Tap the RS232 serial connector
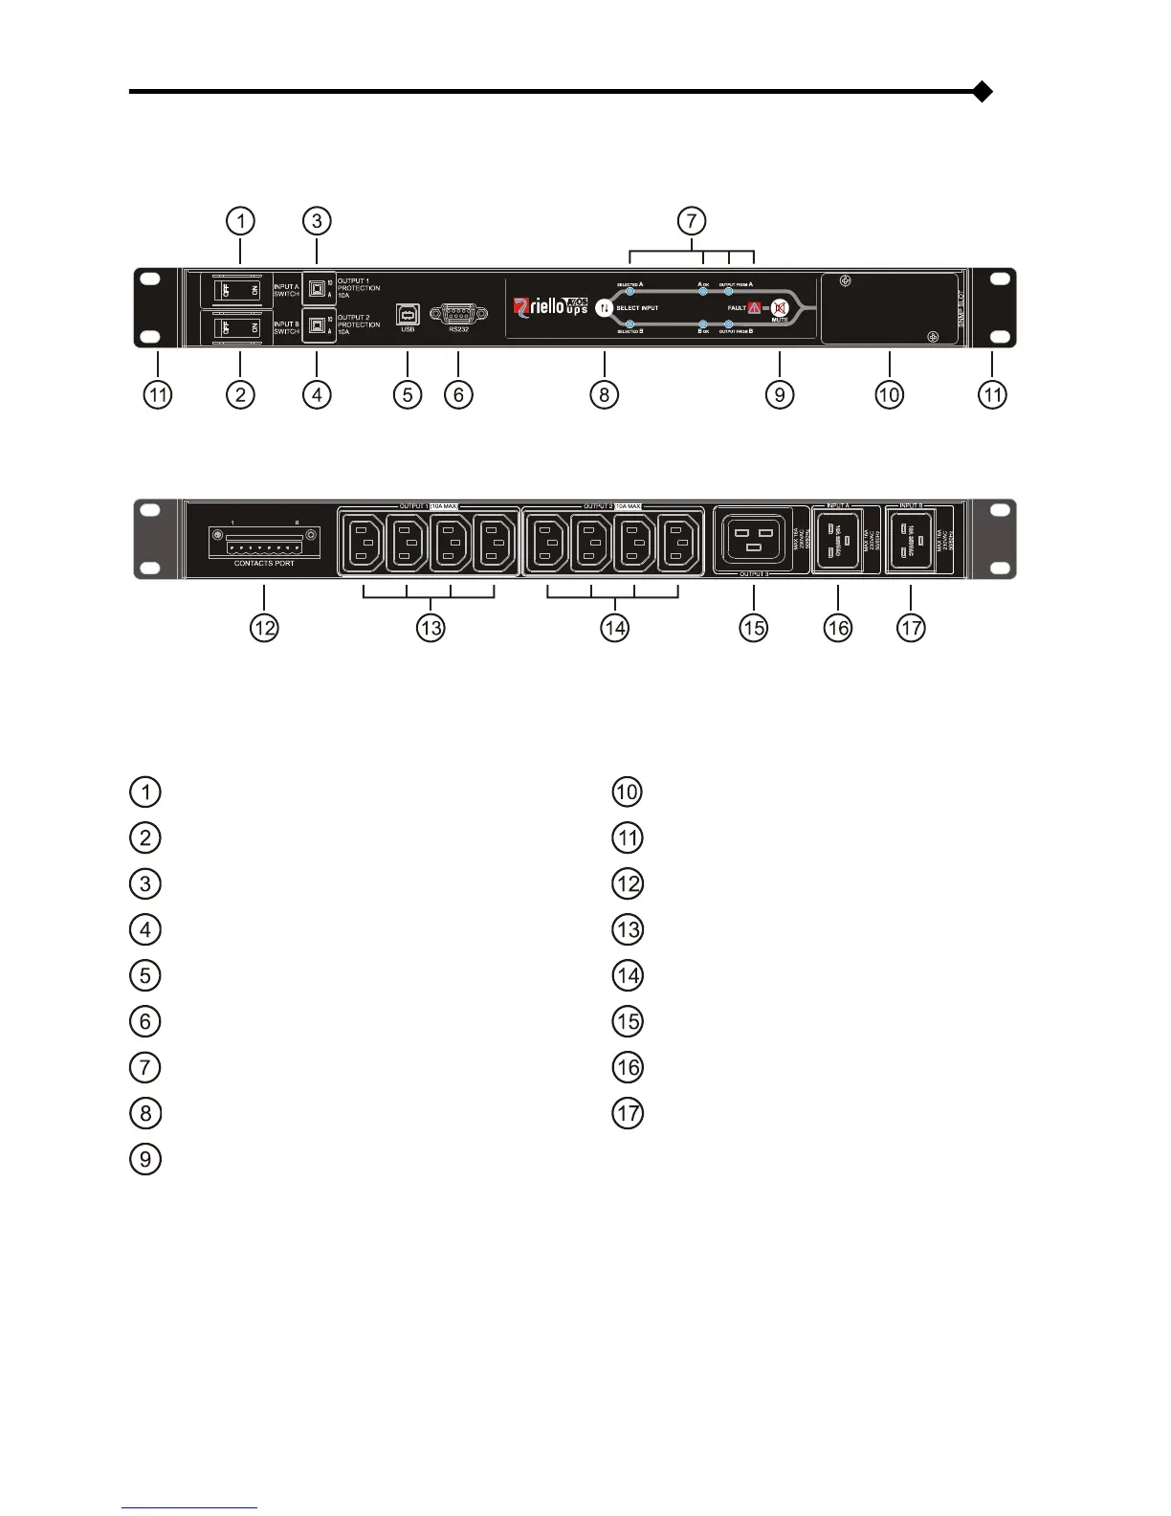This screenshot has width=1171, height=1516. pyautogui.click(x=458, y=313)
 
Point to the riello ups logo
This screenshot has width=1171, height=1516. pyautogui.click(x=549, y=306)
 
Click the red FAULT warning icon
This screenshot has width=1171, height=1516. pyautogui.click(x=755, y=308)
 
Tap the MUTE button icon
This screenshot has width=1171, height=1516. pyautogui.click(x=779, y=308)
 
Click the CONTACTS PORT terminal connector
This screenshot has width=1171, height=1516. pyautogui.click(x=264, y=543)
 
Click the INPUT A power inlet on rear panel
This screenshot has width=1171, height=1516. pyautogui.click(x=837, y=539)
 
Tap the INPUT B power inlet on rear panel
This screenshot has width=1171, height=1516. pyautogui.click(x=912, y=539)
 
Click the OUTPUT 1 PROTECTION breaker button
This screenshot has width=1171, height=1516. pyautogui.click(x=316, y=288)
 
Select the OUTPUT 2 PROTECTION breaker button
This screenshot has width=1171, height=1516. pyautogui.click(x=316, y=324)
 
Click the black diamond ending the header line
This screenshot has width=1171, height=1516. pyautogui.click(x=982, y=93)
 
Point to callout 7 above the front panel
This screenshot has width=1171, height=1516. pyautogui.click(x=692, y=221)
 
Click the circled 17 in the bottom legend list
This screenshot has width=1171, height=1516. pyautogui.click(x=628, y=1113)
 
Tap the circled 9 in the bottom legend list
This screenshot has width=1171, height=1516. pyautogui.click(x=145, y=1159)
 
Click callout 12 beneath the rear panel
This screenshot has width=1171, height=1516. pyautogui.click(x=265, y=628)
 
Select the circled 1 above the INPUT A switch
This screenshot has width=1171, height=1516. pyautogui.click(x=240, y=221)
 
